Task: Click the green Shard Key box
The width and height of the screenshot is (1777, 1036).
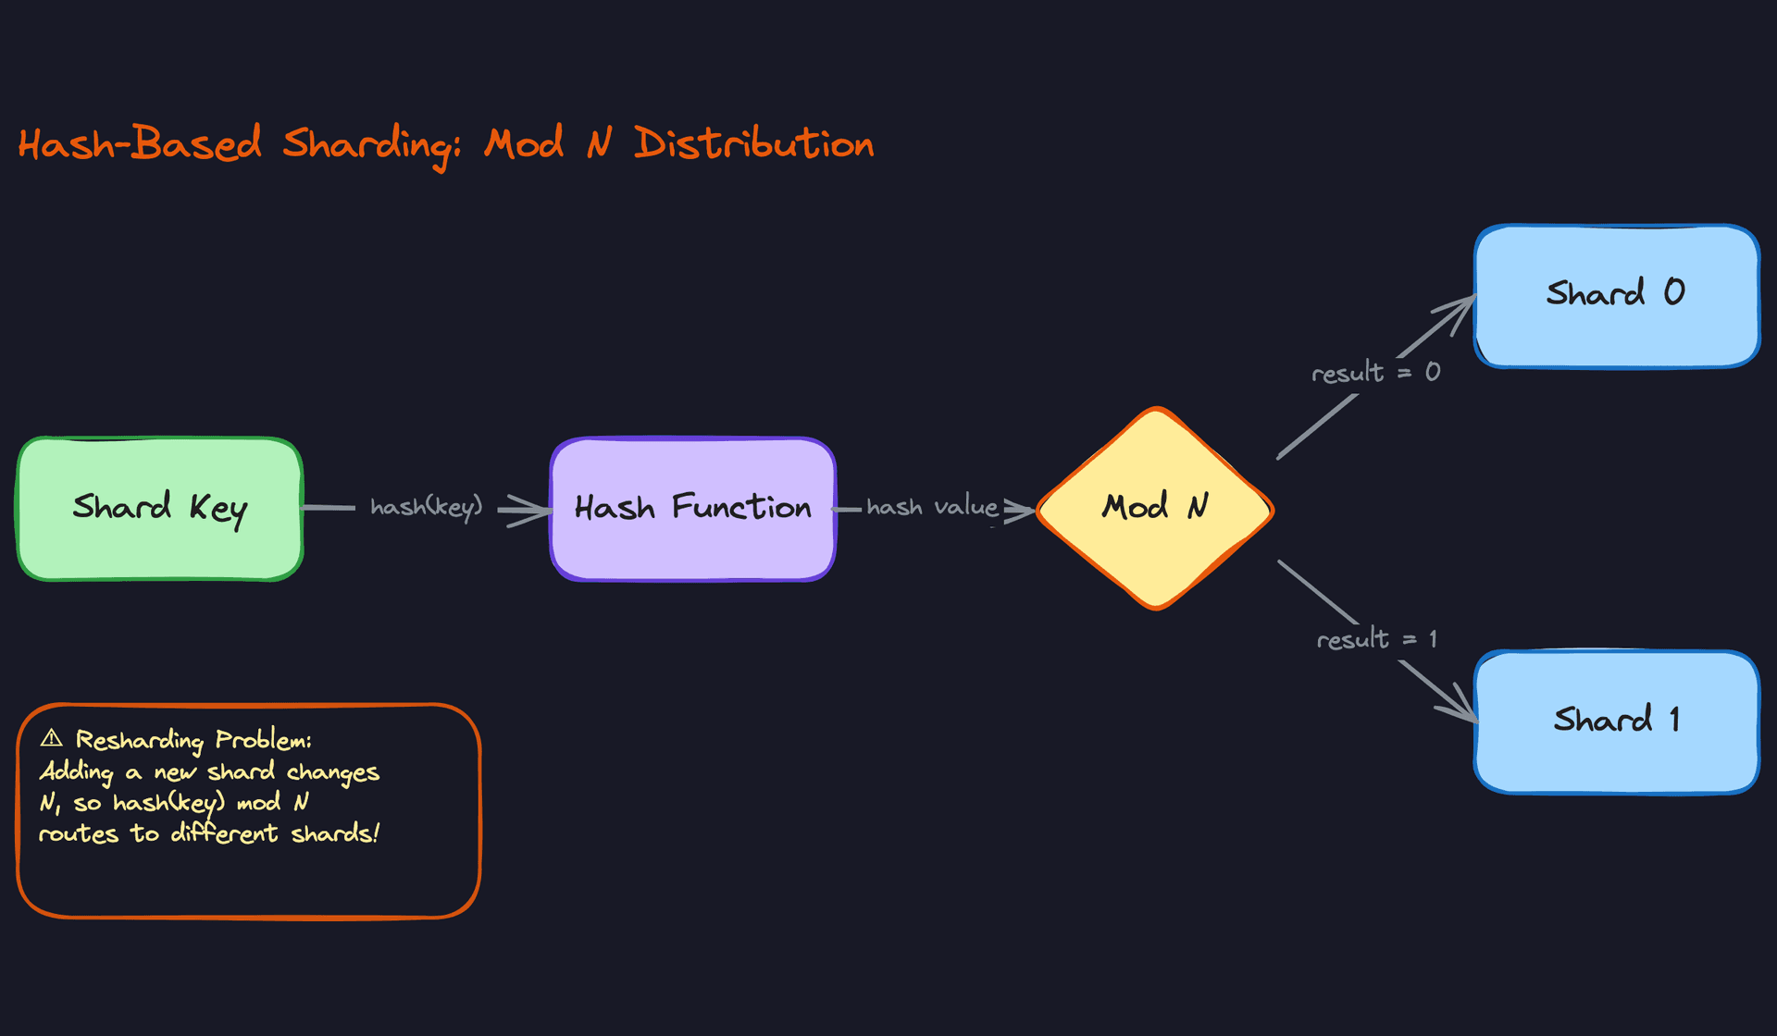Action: (159, 509)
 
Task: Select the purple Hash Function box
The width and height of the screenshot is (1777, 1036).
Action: (692, 509)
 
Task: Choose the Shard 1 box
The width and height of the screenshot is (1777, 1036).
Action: (1616, 721)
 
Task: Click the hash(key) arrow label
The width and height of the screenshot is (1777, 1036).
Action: (426, 507)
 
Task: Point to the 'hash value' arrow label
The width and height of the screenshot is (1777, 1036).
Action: (931, 507)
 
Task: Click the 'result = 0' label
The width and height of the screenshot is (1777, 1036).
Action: (1375, 373)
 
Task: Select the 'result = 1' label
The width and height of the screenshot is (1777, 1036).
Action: (1376, 639)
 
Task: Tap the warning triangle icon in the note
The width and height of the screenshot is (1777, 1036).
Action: (52, 738)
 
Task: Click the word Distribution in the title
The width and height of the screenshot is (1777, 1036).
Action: (753, 144)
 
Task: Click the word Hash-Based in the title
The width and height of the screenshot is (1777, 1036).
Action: (139, 144)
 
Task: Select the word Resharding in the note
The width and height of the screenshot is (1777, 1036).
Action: (139, 740)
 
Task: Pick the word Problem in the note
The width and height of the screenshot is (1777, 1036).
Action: (263, 740)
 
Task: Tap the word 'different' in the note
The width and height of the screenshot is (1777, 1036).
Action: (224, 834)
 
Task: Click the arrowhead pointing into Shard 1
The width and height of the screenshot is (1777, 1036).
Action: (1462, 709)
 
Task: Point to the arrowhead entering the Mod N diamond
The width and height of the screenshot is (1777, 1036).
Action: (1022, 510)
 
